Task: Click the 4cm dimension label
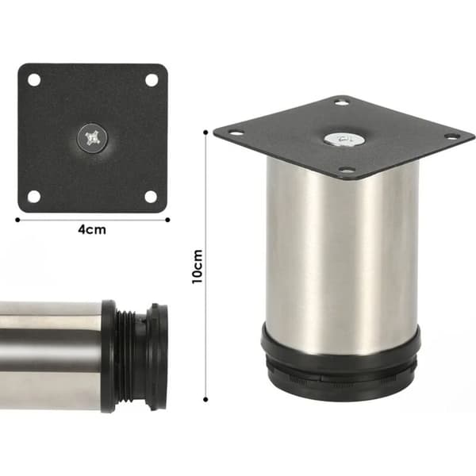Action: click(92, 230)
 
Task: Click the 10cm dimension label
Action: click(198, 267)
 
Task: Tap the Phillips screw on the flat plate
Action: click(92, 137)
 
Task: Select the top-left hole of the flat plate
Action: click(34, 80)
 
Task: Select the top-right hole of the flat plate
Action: click(152, 80)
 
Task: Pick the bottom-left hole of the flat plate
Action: click(34, 197)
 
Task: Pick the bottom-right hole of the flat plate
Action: click(151, 197)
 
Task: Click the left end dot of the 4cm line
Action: click(17, 220)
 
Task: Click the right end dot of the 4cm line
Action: click(167, 220)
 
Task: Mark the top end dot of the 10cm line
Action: click(205, 132)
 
